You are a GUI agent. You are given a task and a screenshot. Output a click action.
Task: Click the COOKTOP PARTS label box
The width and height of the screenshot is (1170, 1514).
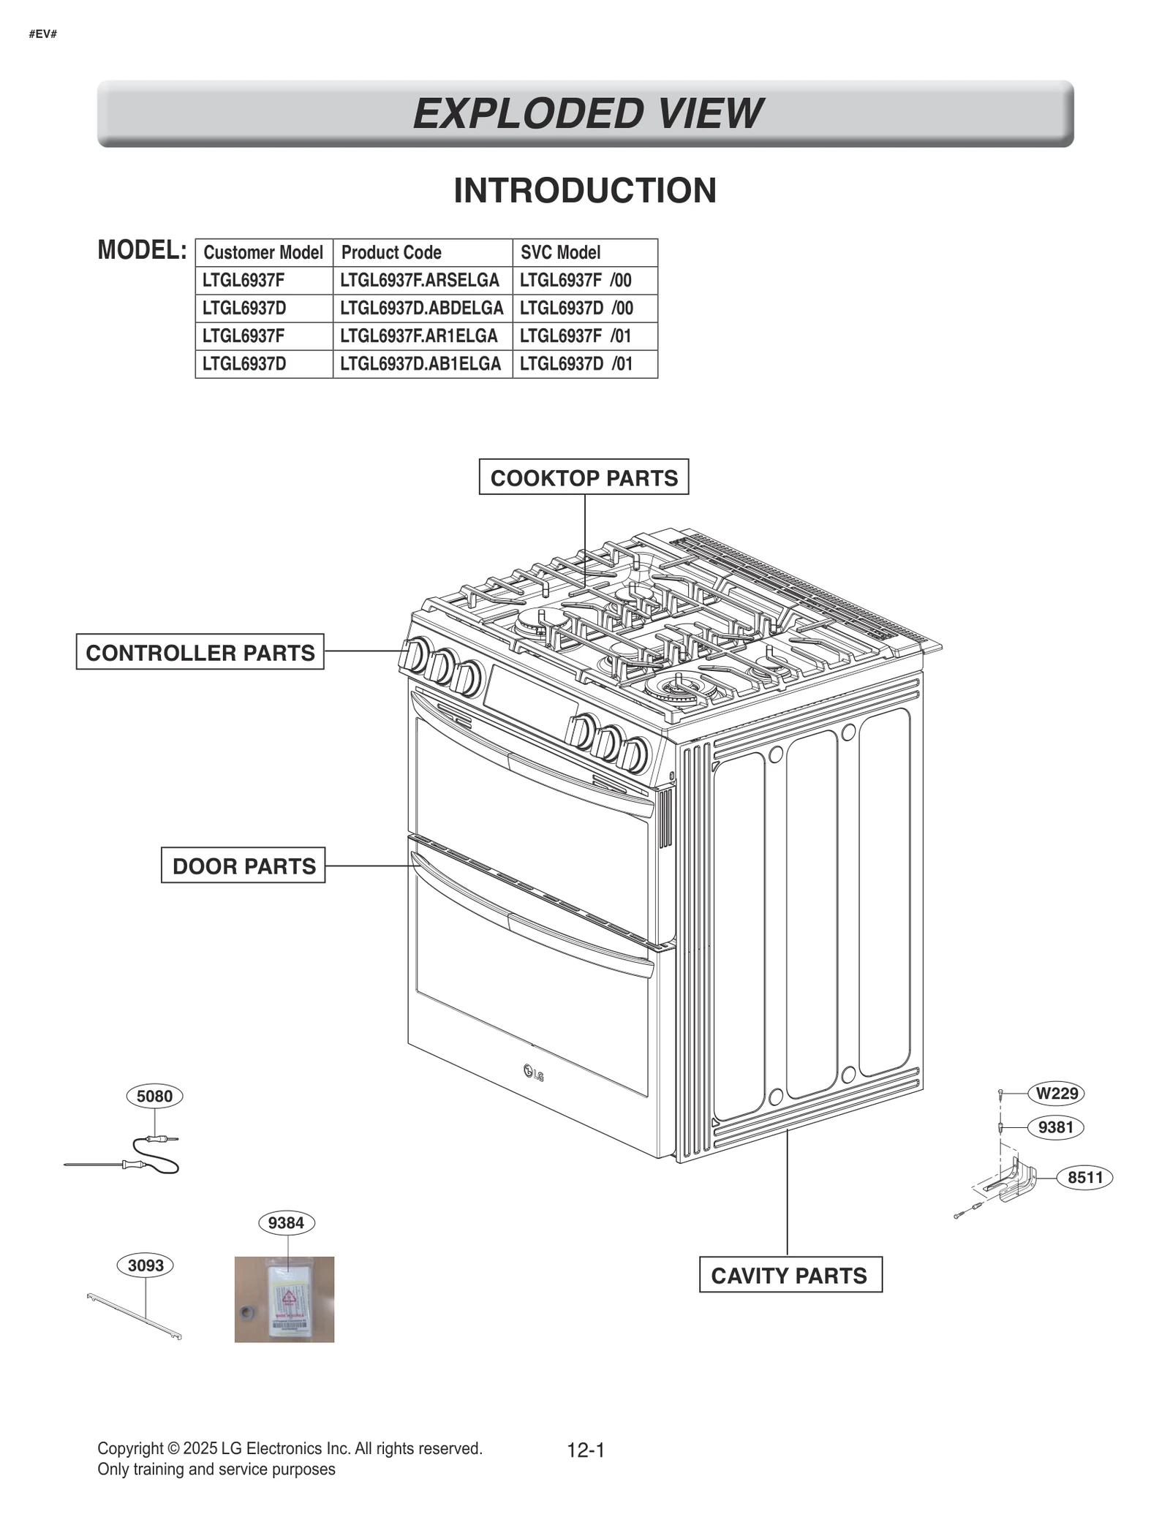point(584,477)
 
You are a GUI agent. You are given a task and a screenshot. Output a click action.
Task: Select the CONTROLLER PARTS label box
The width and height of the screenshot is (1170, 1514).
point(200,652)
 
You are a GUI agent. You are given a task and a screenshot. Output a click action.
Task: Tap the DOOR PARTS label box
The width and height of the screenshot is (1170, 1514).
point(244,866)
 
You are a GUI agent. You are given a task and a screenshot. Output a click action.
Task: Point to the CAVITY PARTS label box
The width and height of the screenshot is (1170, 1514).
point(790,1276)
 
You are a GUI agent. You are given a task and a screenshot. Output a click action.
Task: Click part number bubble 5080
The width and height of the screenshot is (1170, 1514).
point(154,1096)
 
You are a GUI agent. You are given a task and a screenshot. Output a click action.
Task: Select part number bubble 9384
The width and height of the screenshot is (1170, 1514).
point(286,1222)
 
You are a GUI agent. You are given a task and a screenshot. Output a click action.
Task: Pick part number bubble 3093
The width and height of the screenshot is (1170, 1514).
point(146,1265)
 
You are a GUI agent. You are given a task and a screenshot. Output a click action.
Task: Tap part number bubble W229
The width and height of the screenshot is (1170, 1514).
point(1057,1093)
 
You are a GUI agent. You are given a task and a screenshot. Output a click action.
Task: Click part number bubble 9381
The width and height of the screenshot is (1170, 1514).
point(1055,1127)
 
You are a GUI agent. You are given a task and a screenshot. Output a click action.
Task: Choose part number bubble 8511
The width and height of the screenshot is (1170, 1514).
point(1084,1177)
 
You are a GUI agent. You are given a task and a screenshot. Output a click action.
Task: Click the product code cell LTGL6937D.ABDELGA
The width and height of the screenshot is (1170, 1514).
point(422,309)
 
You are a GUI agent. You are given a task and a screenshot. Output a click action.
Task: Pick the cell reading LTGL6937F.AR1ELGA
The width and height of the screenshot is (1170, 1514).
point(420,336)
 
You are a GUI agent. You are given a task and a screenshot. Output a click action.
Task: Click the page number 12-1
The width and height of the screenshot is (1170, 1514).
point(586,1450)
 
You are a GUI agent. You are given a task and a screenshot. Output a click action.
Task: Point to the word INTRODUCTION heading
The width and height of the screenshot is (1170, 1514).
point(585,191)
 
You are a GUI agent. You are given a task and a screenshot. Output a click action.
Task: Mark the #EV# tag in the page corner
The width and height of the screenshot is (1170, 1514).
point(43,34)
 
